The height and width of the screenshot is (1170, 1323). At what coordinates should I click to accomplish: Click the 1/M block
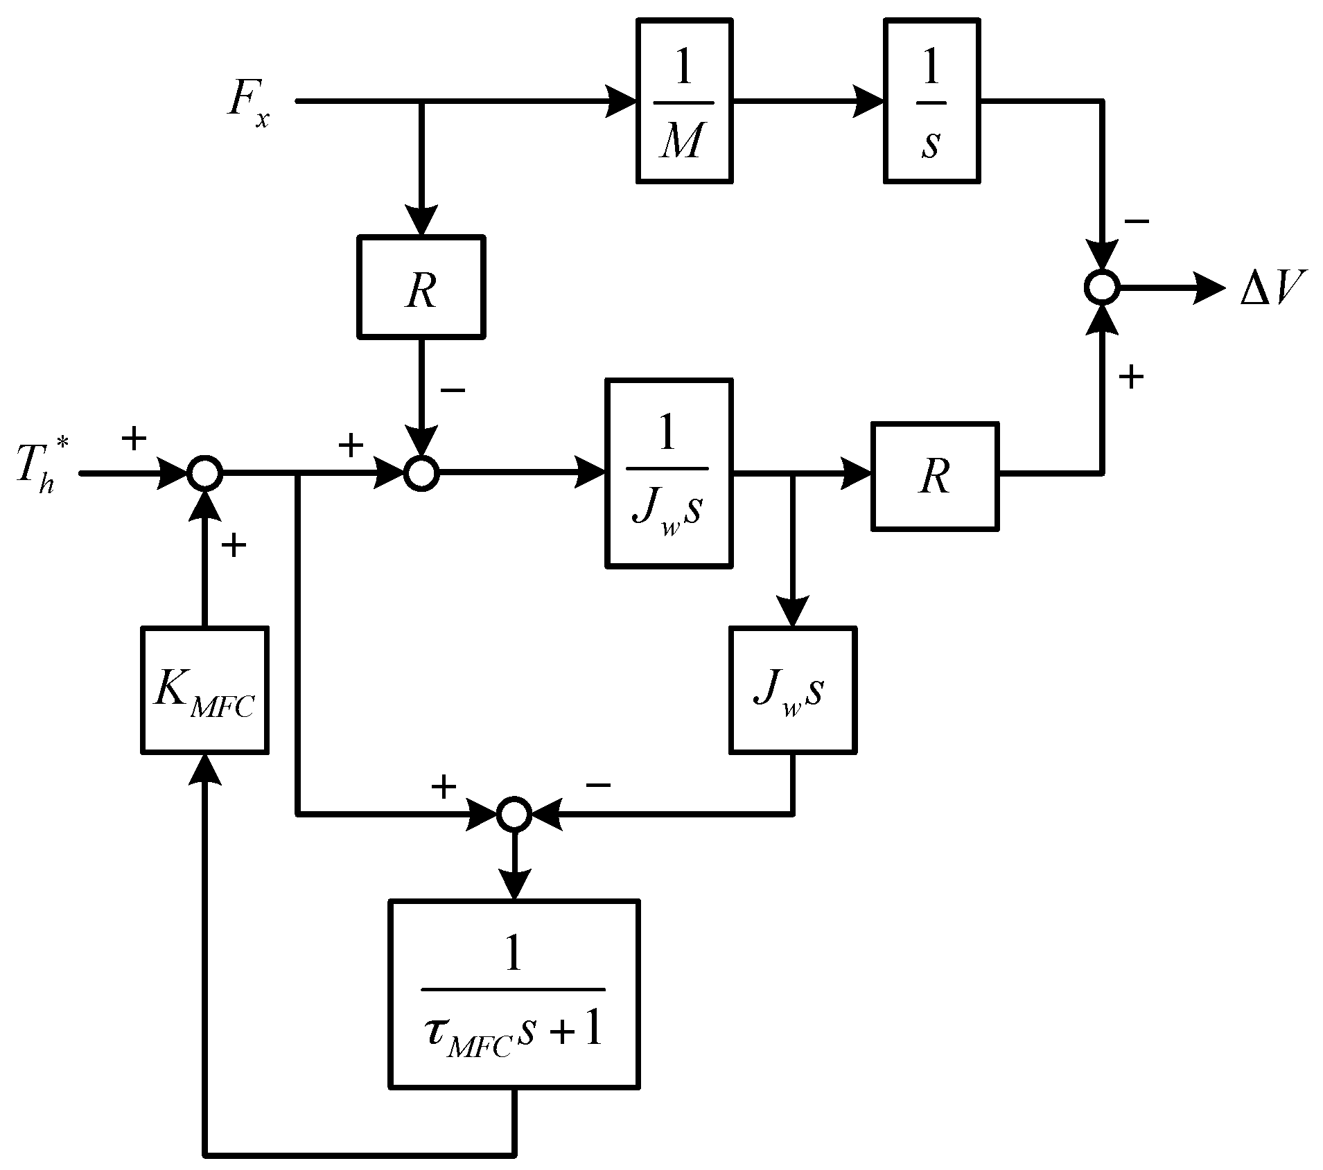pos(684,101)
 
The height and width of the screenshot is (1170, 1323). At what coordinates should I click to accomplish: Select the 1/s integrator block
pos(931,101)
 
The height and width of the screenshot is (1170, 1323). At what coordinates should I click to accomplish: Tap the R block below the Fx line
pos(421,287)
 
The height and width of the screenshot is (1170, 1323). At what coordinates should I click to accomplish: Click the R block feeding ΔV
pos(934,476)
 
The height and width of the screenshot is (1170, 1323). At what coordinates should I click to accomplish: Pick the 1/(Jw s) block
pos(669,473)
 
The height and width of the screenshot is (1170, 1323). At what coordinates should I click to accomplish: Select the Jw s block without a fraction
pos(792,689)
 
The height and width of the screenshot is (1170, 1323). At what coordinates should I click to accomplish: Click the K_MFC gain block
pos(204,689)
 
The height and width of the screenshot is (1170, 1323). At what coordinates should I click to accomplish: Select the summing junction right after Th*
pos(204,474)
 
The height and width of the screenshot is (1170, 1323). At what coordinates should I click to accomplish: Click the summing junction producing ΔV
pos(1101,287)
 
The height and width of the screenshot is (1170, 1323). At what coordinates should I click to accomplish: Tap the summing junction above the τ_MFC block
pos(514,813)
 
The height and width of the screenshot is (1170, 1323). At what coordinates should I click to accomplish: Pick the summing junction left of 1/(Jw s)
pos(421,474)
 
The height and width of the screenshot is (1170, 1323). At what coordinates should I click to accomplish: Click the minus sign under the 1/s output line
pos(1137,222)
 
